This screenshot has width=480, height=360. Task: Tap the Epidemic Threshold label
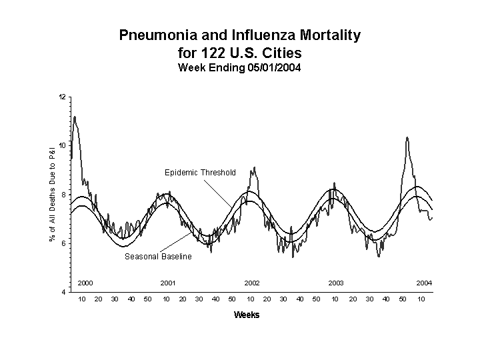coord(200,173)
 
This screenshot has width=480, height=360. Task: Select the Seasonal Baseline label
coord(158,257)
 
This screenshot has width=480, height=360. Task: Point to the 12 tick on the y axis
coord(63,97)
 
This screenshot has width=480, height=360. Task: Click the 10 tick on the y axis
coord(63,146)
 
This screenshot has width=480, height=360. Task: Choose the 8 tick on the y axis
coord(63,195)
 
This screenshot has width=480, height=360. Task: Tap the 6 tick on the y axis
coord(63,243)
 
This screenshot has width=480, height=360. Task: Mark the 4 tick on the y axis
coord(63,292)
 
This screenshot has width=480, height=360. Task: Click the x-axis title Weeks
coord(247,315)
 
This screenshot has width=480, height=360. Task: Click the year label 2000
coord(85,283)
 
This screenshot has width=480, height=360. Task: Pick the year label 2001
coord(168,283)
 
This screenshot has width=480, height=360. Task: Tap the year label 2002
coord(252,283)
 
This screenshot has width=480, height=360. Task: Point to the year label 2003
coord(336,283)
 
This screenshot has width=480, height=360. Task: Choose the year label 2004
coord(424,283)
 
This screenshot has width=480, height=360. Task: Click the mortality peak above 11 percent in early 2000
coord(75,117)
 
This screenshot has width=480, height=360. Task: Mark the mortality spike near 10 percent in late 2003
coord(407,138)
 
